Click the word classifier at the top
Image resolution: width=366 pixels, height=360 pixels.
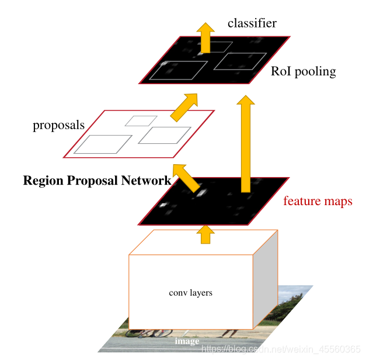(x=252, y=23)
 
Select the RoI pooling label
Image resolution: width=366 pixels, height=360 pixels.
(x=303, y=72)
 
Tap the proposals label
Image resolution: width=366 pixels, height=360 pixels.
(x=58, y=125)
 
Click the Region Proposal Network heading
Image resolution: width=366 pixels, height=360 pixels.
(x=97, y=181)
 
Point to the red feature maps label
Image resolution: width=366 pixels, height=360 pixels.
(x=318, y=202)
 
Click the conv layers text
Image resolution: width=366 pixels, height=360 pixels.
(x=190, y=293)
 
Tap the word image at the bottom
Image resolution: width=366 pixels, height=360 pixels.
(x=187, y=341)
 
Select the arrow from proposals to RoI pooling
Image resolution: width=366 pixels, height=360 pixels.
(x=184, y=106)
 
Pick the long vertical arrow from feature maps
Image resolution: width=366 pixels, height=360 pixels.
(x=246, y=146)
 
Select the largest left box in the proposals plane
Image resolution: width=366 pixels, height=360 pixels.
(x=103, y=144)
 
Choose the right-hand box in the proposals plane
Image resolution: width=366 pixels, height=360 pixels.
(x=165, y=135)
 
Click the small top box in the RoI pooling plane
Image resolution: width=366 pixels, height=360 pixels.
(x=220, y=46)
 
